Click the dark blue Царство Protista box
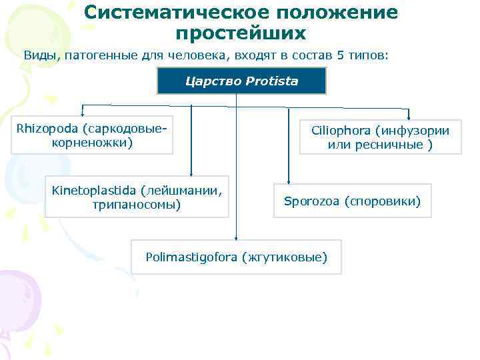(241, 81)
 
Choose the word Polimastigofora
(191, 257)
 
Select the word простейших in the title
(241, 33)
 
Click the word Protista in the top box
(272, 81)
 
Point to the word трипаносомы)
(137, 204)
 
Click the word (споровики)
(383, 200)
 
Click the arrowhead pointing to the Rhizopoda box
(83, 113)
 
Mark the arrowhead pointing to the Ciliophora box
(409, 114)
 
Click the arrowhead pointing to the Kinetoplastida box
(192, 173)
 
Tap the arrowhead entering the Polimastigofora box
(236, 237)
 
